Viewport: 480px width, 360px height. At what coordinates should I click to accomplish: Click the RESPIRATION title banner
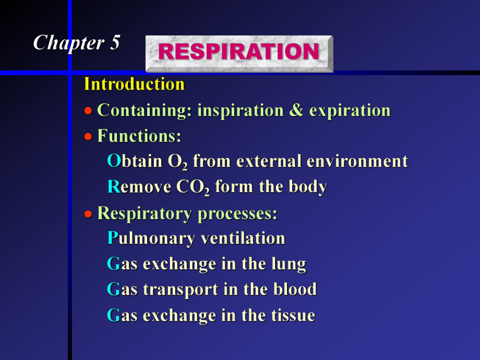[x=238, y=53]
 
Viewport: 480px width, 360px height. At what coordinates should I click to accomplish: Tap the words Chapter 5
[x=77, y=43]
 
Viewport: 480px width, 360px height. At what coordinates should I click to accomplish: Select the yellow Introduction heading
[x=134, y=84]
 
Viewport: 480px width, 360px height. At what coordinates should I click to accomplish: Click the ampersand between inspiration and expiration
[x=296, y=111]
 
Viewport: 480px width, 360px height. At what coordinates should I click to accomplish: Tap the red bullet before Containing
[x=89, y=111]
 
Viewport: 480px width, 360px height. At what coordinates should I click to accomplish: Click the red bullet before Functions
[x=89, y=137]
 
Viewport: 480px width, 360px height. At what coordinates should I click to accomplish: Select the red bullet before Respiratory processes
[x=89, y=213]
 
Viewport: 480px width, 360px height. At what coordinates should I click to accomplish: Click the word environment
[x=357, y=161]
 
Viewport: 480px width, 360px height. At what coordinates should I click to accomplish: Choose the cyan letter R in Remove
[x=113, y=187]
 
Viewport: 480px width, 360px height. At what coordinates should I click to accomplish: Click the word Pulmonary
[x=151, y=238]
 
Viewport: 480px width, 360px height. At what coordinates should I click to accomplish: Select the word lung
[x=288, y=265]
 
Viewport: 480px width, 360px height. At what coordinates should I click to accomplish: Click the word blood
[x=295, y=290]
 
